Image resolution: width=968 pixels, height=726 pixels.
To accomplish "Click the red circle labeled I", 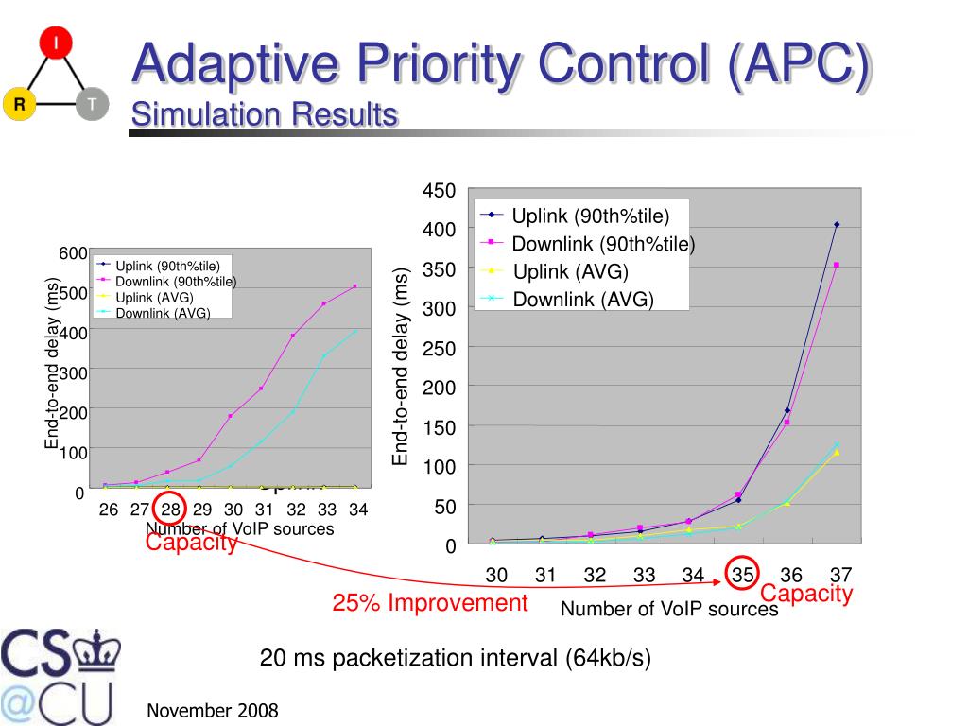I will coord(57,43).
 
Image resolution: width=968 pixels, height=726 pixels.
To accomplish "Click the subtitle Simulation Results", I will coord(264,115).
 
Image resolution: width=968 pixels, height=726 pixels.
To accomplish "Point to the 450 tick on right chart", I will coord(440,191).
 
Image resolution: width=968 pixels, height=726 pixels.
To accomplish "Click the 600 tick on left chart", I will coord(74,252).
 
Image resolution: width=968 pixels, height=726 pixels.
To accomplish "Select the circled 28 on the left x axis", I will coord(170,510).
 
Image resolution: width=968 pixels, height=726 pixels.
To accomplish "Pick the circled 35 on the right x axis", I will coord(742,574).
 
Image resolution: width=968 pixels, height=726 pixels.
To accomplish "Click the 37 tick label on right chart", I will coord(840,574).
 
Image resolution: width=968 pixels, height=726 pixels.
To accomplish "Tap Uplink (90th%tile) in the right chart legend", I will coord(590,216).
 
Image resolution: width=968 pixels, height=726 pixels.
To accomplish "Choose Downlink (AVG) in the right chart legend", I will coord(583,301).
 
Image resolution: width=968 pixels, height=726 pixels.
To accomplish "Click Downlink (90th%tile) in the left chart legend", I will coord(176,281).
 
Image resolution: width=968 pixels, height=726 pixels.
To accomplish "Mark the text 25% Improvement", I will coord(430,603).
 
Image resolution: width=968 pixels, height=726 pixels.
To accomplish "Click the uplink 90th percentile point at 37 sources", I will coord(837,225).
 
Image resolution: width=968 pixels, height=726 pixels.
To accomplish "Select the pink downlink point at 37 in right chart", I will coord(837,266).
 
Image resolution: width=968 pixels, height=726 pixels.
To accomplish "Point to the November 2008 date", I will coord(213,711).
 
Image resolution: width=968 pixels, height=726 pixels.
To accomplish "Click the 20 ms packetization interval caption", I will coord(456,659).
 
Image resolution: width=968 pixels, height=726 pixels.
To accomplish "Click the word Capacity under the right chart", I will coord(806,595).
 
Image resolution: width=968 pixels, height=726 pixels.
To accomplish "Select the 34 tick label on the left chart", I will coord(357,510).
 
